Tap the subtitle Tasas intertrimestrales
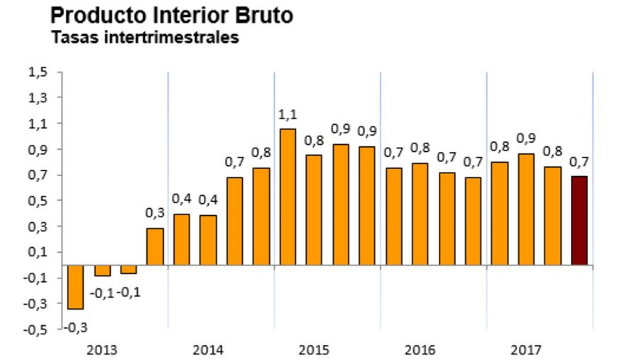(x=144, y=38)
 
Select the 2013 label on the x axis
(x=102, y=350)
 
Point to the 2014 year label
(x=207, y=350)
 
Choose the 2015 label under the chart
(x=313, y=350)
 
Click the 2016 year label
(x=420, y=350)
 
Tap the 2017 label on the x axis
(x=525, y=350)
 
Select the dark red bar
(x=579, y=221)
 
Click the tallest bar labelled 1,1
(x=288, y=197)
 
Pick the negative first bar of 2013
(x=75, y=287)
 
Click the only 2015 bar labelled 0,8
(x=314, y=210)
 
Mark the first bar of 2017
(x=500, y=213)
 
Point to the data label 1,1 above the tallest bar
(x=288, y=114)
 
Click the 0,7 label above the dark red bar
(x=579, y=162)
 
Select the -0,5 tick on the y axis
(x=35, y=329)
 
